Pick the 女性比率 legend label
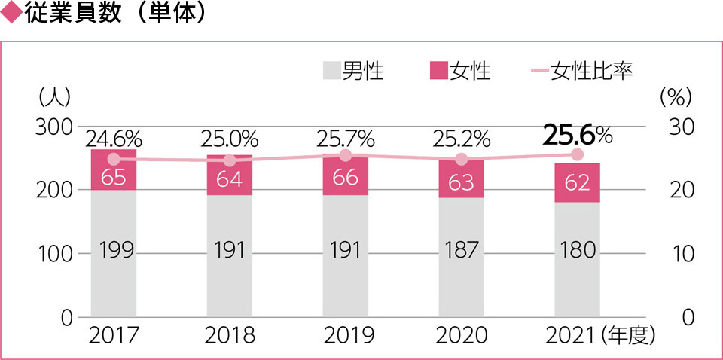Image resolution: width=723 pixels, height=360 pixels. [590, 72]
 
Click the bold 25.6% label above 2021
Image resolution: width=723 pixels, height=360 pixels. [578, 135]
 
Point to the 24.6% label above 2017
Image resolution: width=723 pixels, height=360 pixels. [114, 139]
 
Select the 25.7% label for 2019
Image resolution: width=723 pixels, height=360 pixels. [346, 139]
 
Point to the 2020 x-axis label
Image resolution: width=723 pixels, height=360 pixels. [462, 335]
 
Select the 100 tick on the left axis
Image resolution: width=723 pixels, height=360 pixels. [53, 253]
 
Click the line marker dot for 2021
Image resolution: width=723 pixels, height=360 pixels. [578, 154]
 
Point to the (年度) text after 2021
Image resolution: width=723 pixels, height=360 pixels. [633, 335]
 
